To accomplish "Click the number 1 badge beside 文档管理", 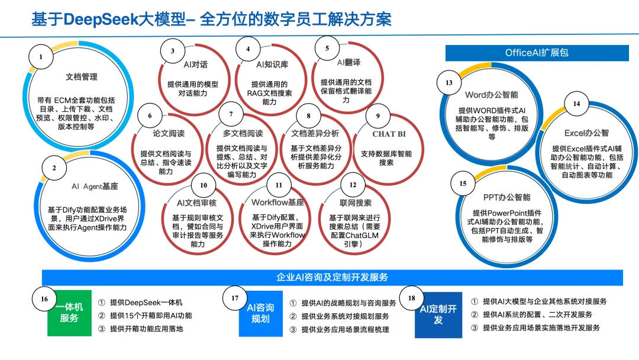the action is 41,57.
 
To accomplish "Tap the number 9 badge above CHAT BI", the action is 378,116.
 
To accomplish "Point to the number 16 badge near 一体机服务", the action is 44,299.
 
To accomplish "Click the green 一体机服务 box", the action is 69,313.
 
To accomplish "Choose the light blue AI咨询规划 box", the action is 260,313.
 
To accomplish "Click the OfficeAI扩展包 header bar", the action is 537,53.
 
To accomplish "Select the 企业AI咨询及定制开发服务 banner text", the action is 332,277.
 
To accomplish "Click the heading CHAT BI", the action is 389,134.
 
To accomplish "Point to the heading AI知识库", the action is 272,64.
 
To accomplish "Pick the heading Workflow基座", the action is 277,202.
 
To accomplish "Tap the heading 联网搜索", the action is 352,202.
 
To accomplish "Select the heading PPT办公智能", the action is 507,197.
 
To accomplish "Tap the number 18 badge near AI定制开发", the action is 412,298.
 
